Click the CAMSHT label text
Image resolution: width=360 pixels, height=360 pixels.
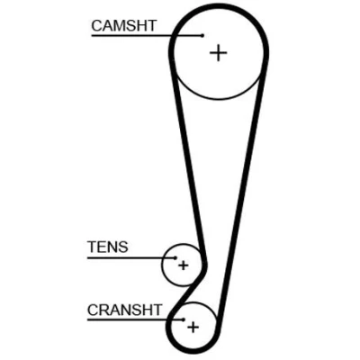tap(124, 25)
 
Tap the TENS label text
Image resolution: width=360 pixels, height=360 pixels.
tap(108, 247)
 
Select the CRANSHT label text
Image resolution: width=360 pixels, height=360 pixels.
tap(125, 310)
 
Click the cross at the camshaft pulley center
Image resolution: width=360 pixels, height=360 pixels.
tap(218, 53)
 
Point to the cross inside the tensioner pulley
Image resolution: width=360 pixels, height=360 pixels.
tap(184, 265)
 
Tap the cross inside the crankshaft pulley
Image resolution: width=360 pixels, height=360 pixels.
tap(193, 327)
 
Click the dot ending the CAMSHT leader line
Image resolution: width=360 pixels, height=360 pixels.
tap(202, 35)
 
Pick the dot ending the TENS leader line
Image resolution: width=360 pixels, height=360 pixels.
tap(175, 257)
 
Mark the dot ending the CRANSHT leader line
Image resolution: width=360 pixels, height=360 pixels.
tap(184, 319)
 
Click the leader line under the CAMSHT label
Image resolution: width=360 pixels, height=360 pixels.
tap(147, 35)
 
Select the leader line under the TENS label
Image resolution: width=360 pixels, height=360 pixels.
tap(131, 257)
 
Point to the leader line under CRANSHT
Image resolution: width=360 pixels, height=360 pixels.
tap(135, 319)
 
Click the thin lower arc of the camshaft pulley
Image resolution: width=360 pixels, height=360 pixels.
tap(218, 99)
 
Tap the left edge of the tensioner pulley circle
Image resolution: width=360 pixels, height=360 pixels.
tap(162, 265)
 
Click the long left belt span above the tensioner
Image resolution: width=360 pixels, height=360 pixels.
tap(187, 159)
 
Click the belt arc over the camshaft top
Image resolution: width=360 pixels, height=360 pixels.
tap(219, 6)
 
